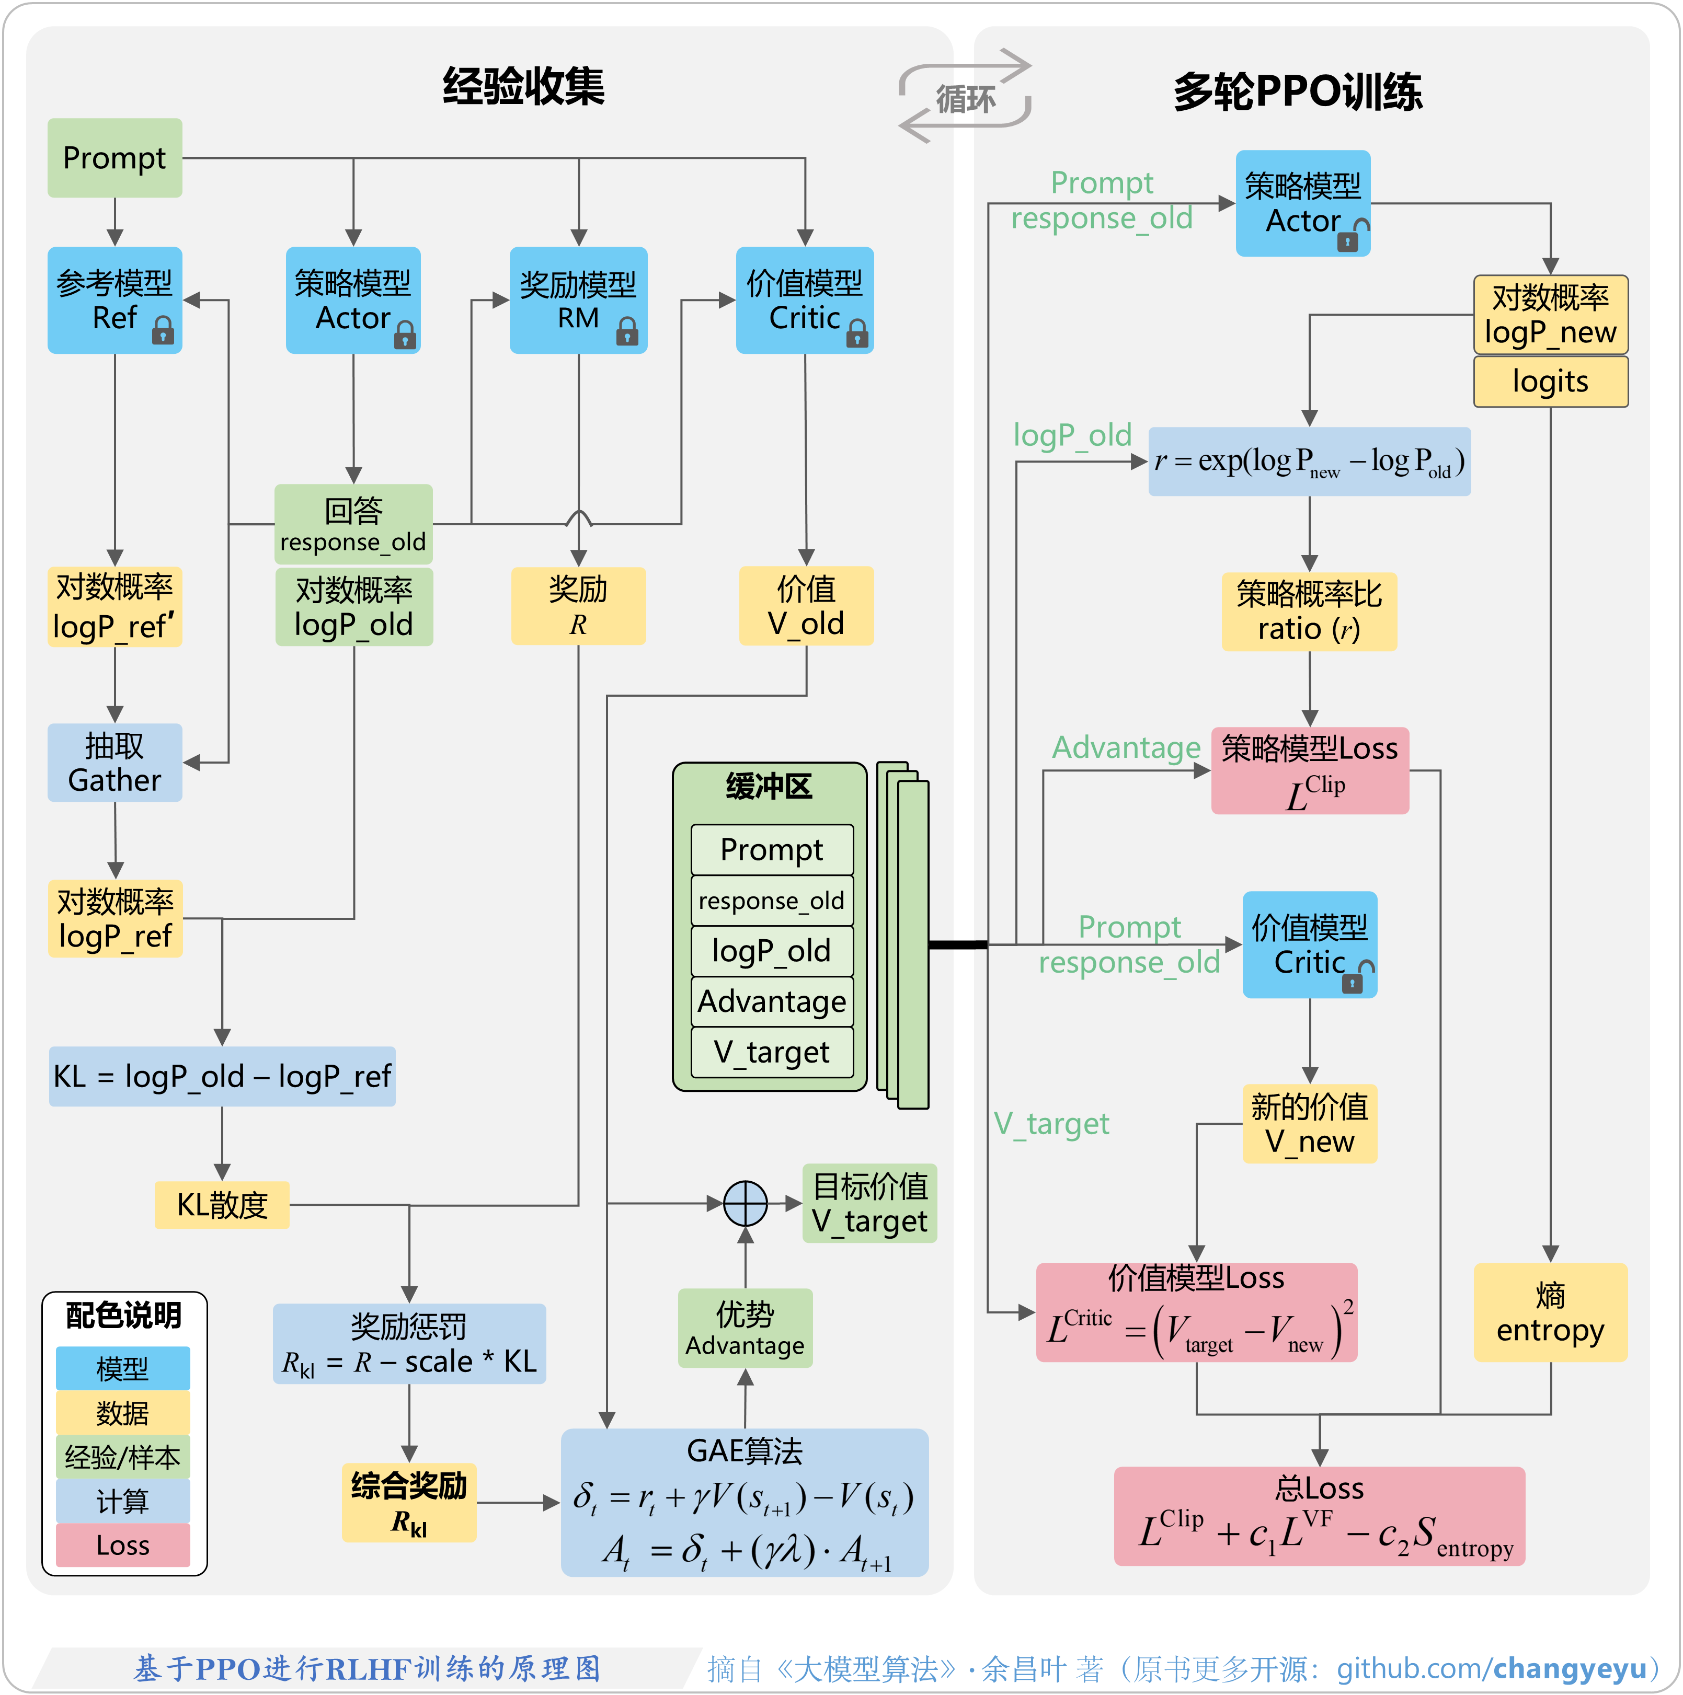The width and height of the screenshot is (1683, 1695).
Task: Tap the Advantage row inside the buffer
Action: coord(771,1001)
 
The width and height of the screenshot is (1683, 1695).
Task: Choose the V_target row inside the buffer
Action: coord(771,1052)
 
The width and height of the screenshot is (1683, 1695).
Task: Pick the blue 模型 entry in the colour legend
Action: coord(123,1368)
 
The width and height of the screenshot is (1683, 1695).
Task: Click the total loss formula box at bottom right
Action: coord(1319,1517)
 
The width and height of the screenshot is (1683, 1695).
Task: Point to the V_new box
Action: coord(1309,1124)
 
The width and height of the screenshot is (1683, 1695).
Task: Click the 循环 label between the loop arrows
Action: coord(965,98)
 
